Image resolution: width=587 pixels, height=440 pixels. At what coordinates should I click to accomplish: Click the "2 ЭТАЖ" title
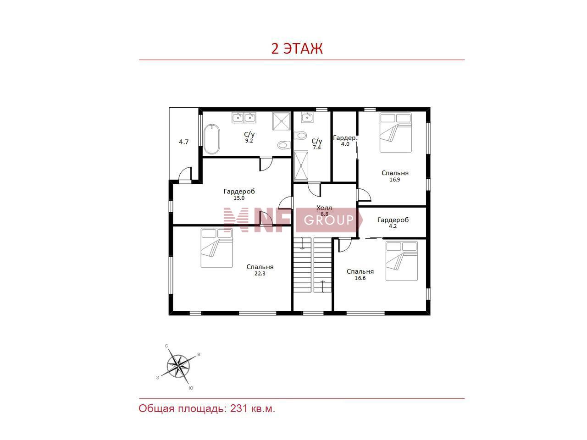(x=297, y=49)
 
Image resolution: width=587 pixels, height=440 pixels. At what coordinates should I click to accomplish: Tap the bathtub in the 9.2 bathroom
(x=212, y=139)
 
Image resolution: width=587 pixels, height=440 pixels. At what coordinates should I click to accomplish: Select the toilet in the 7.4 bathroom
(x=300, y=135)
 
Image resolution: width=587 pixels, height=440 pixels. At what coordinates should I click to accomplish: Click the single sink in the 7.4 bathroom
(x=307, y=117)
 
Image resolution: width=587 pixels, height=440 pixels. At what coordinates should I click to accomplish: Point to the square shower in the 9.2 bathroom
(x=281, y=121)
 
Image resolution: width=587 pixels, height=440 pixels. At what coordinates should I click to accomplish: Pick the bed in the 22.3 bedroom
(x=216, y=247)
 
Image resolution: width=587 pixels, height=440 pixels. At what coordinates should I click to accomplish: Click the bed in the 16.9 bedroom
(x=395, y=133)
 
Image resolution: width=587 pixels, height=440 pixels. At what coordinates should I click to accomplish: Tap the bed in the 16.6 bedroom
(x=401, y=261)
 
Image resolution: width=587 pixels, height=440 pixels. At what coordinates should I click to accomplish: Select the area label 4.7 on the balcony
(x=184, y=142)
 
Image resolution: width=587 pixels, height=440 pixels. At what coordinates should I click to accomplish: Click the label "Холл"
(x=324, y=208)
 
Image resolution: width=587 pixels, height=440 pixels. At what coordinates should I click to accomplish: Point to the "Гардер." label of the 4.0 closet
(x=345, y=138)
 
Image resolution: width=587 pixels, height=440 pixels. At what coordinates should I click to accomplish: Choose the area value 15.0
(x=239, y=198)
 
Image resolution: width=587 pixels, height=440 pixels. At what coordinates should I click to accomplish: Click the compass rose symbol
(x=178, y=366)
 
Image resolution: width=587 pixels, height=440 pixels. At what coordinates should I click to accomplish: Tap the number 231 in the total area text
(x=238, y=408)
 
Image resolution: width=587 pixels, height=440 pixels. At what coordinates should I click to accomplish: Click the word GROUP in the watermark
(x=329, y=220)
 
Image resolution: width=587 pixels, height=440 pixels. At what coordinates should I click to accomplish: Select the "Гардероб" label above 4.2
(x=393, y=220)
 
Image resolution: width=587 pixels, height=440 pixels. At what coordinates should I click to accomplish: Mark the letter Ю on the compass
(x=191, y=388)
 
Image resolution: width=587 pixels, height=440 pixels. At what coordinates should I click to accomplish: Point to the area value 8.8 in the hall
(x=324, y=214)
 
